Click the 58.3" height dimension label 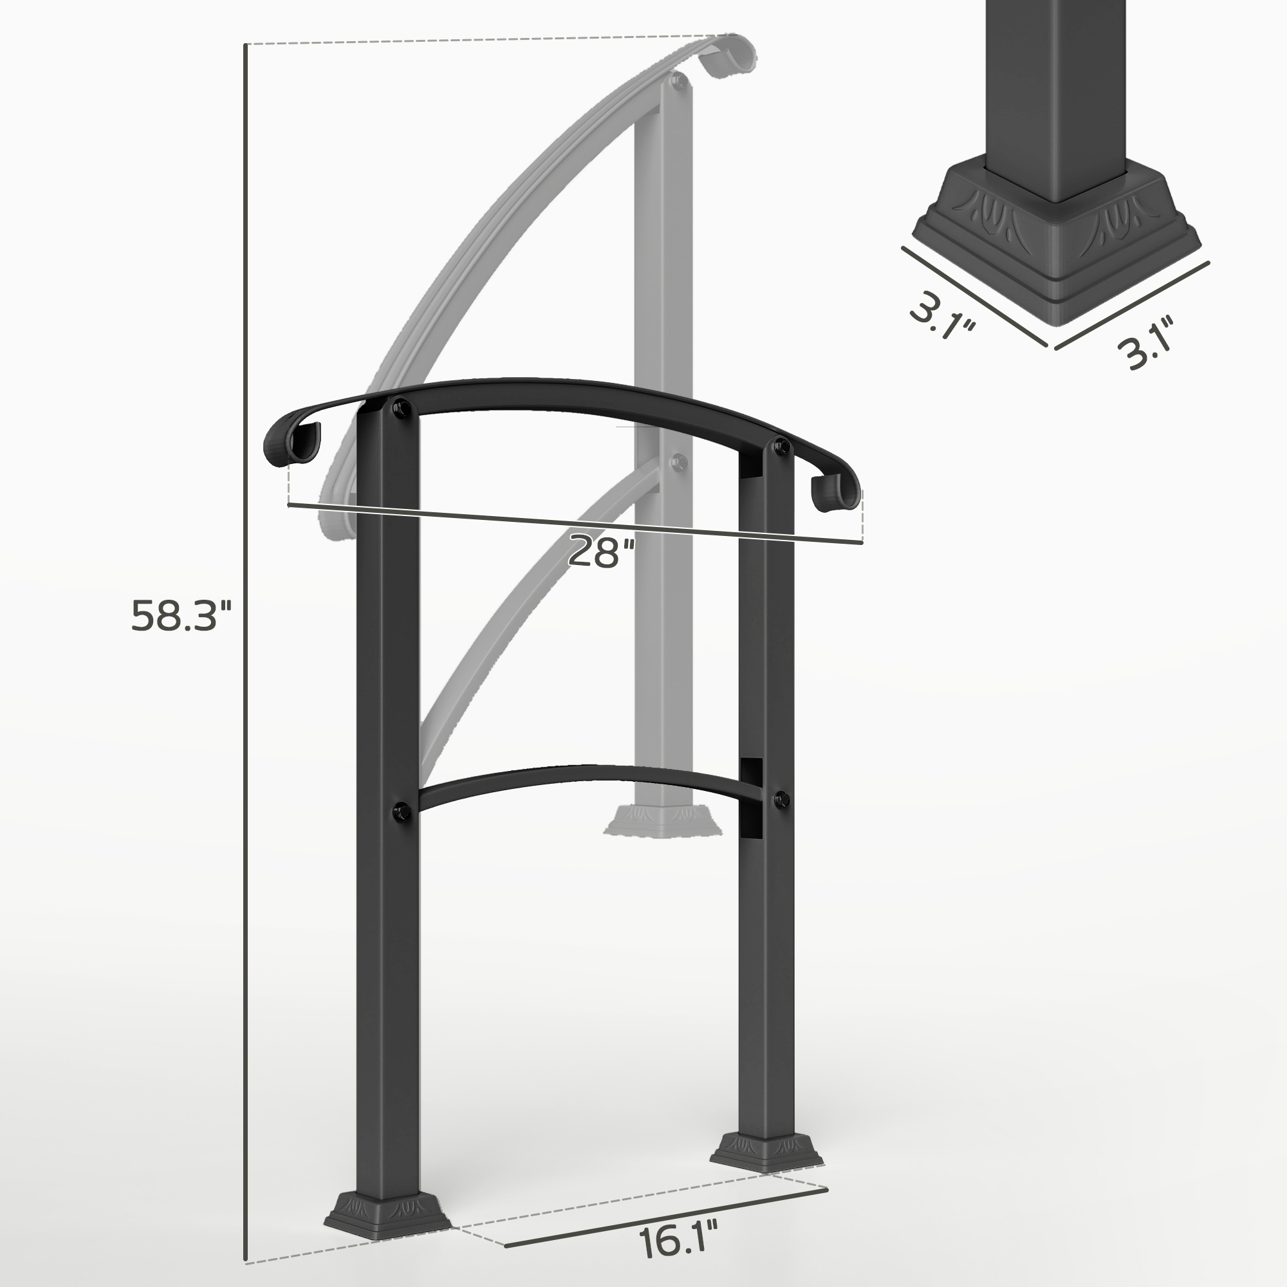point(181,616)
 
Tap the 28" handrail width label point(601,552)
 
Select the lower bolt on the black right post point(781,799)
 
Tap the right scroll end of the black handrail point(836,493)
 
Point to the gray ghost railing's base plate point(663,819)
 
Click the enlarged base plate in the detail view point(1056,246)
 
